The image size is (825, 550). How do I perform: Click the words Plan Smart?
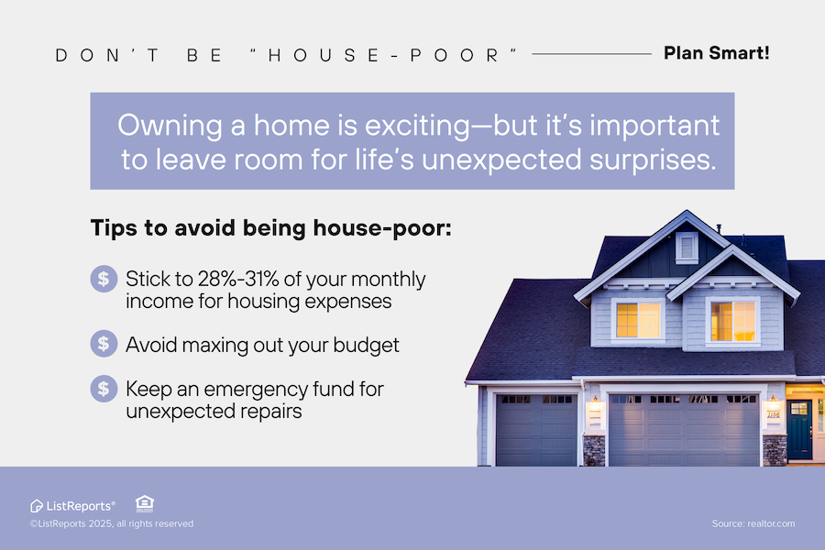point(716,53)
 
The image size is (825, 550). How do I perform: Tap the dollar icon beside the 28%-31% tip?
point(104,279)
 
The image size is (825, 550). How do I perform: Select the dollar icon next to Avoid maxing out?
point(104,344)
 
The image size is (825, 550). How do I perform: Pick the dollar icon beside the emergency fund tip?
point(104,389)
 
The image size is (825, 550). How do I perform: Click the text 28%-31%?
point(237,279)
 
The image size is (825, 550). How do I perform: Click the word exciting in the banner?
point(417,126)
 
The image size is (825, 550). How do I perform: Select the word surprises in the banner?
point(653,160)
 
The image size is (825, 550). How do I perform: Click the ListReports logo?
point(72,506)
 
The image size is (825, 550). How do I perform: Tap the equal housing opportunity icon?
point(145,503)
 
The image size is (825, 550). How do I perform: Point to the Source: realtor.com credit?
point(753,523)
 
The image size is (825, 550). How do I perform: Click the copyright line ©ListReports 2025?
point(112,523)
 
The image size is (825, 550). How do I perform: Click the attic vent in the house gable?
point(687,247)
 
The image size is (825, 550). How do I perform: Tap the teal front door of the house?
point(799,429)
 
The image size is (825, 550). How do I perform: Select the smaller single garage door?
point(536,430)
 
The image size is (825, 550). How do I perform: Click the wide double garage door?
point(684,430)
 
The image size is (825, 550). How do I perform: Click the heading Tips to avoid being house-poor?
point(271,228)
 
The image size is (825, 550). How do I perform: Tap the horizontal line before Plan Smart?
point(592,54)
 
